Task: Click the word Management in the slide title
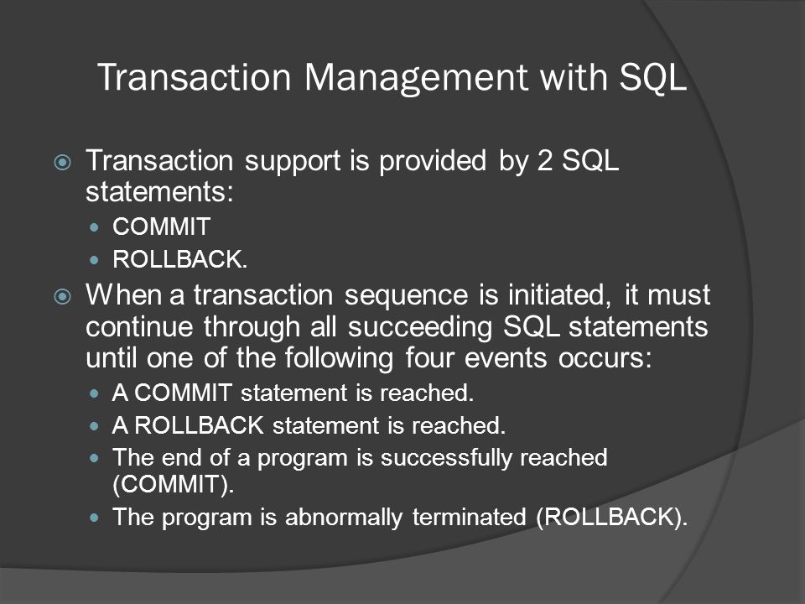(416, 79)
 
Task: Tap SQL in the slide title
(653, 77)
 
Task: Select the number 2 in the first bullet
(545, 161)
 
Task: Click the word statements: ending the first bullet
(159, 192)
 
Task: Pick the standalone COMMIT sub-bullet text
(162, 226)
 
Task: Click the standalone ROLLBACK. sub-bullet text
(180, 259)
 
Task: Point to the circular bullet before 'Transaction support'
(63, 163)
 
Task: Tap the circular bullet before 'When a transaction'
(63, 297)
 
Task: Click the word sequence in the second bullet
(406, 296)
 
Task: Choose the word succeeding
(420, 327)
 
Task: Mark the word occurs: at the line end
(605, 358)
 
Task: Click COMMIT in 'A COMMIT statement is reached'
(183, 393)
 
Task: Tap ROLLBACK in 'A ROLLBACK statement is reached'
(200, 425)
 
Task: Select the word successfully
(446, 458)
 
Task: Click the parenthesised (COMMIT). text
(174, 484)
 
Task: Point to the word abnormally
(344, 518)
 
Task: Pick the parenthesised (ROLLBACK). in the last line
(611, 518)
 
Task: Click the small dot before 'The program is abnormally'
(94, 518)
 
